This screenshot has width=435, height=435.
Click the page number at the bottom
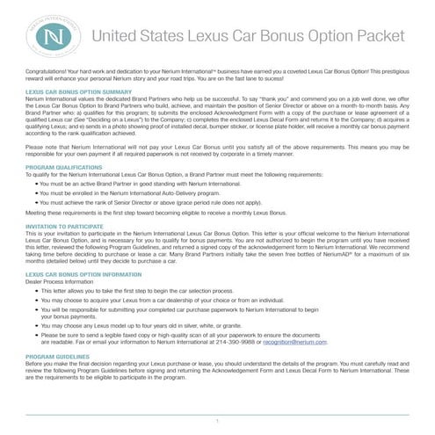point(216,422)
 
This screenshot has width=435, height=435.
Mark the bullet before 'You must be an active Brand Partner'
point(36,183)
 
